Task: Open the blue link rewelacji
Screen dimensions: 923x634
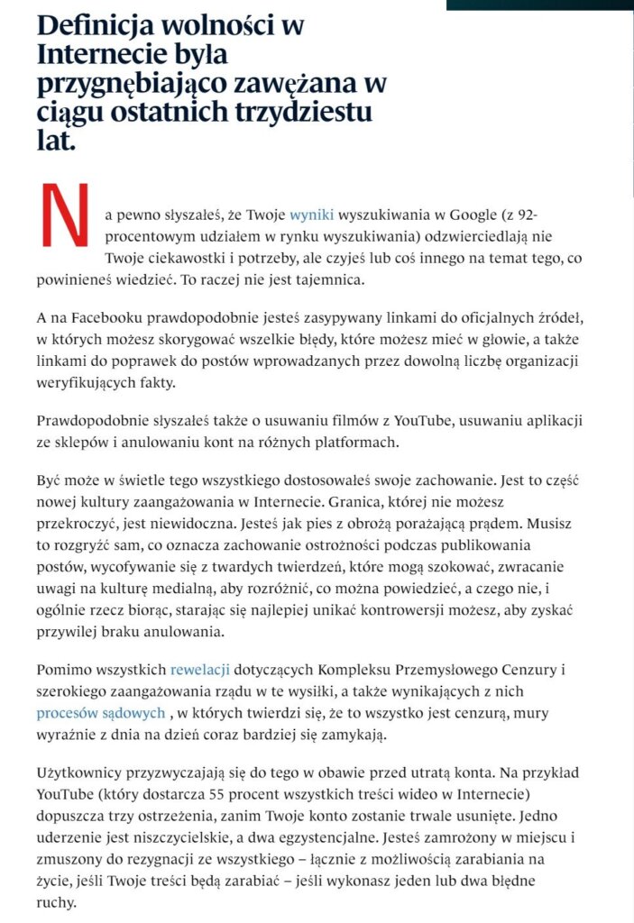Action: pyautogui.click(x=200, y=669)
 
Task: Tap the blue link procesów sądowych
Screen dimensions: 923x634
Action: pyautogui.click(x=101, y=713)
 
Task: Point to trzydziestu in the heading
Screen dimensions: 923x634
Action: pyautogui.click(x=301, y=114)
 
